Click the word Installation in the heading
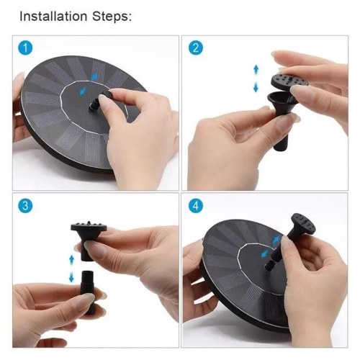coord(53,17)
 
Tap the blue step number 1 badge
coord(25,48)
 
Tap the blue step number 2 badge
coord(196,48)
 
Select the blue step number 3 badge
coord(25,206)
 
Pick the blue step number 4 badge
coord(196,206)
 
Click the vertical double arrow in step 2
coord(256,78)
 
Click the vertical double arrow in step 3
coord(71,269)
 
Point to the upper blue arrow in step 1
coord(94,77)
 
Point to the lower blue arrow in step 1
coord(84,91)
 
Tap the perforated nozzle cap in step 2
coord(289,81)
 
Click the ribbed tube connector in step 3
coord(89,292)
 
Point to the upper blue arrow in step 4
coord(276,239)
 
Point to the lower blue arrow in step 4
coord(265,253)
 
